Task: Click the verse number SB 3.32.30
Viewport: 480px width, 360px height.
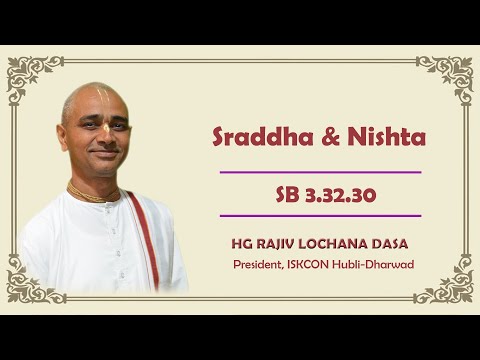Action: tap(319, 194)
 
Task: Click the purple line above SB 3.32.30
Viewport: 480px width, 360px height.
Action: tap(319, 172)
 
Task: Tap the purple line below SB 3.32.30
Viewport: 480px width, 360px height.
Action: tap(319, 215)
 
